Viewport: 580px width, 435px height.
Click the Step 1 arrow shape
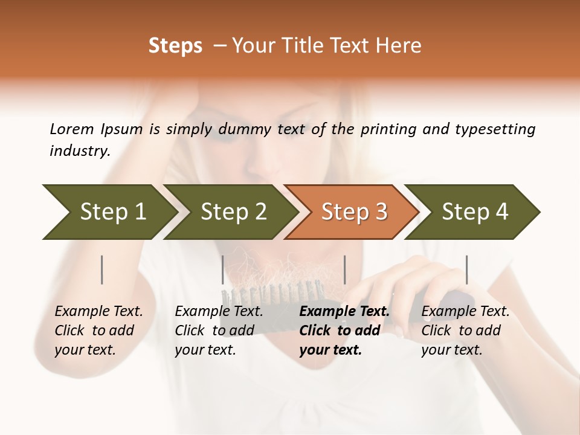(x=109, y=212)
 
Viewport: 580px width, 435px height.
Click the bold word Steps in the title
(x=175, y=46)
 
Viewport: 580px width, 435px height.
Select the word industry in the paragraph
(x=80, y=151)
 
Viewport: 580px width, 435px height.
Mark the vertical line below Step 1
(x=102, y=269)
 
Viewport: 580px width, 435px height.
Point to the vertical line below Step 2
(x=223, y=269)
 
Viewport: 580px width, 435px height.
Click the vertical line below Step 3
(x=344, y=269)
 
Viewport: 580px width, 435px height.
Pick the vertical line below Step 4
(x=466, y=269)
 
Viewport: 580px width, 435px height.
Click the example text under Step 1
(x=98, y=330)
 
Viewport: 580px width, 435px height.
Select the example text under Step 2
(x=219, y=330)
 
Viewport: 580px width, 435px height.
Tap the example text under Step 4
(x=465, y=330)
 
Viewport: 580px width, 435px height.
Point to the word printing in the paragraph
(x=388, y=129)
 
